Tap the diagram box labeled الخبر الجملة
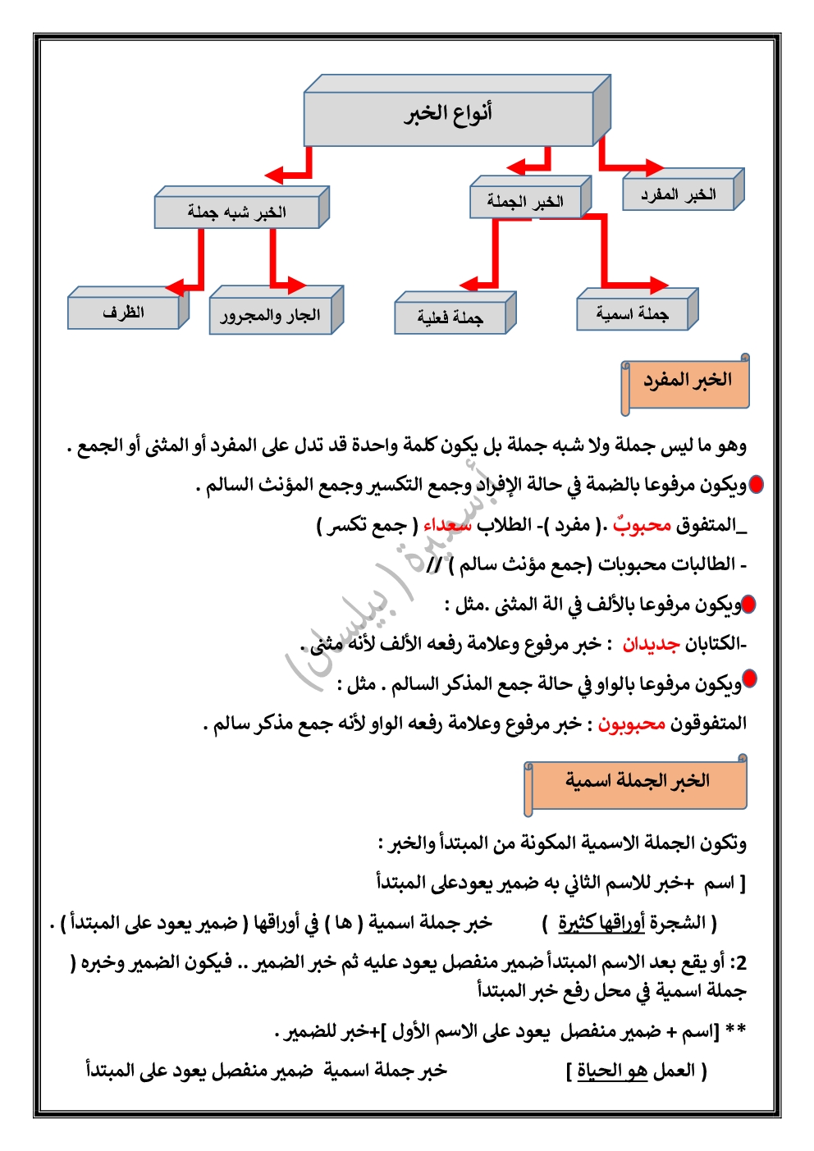click(x=525, y=201)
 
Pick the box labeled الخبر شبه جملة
click(x=236, y=212)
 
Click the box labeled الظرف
click(x=123, y=313)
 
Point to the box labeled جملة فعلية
click(x=450, y=317)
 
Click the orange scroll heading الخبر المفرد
click(x=686, y=381)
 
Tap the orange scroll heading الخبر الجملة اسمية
click(x=636, y=782)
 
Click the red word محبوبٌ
click(x=642, y=525)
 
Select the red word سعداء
click(x=448, y=525)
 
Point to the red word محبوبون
click(x=631, y=724)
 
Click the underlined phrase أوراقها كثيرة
click(x=601, y=923)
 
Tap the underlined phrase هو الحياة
click(x=611, y=1071)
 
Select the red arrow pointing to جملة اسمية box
click(x=648, y=285)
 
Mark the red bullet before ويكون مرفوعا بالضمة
click(x=756, y=485)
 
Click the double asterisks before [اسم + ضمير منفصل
click(x=736, y=1031)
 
